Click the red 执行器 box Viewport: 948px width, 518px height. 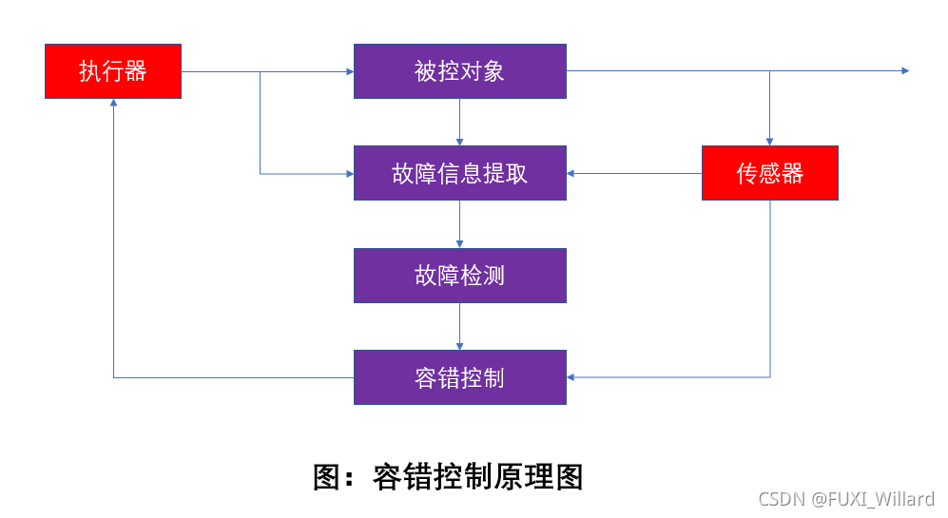(113, 71)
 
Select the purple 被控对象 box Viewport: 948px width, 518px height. (460, 71)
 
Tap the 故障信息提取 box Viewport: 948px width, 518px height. (460, 173)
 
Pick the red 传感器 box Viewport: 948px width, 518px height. (770, 173)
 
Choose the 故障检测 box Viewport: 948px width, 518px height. (460, 276)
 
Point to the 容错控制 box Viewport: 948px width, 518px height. (460, 377)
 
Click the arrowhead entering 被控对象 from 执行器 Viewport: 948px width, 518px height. (349, 71)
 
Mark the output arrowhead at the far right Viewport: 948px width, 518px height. (905, 71)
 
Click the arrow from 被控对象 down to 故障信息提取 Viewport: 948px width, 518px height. (460, 122)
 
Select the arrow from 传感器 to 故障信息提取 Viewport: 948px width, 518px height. (634, 173)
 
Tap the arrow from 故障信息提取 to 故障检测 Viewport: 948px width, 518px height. (460, 224)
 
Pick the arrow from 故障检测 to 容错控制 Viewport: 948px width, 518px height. (460, 326)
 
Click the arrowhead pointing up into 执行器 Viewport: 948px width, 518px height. (113, 104)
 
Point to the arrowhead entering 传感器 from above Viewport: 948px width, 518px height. (770, 141)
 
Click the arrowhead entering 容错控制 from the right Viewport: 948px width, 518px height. (572, 377)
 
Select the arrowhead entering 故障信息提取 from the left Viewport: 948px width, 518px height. (349, 173)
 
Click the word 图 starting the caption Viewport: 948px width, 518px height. (326, 476)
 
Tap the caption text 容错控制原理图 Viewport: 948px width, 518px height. (477, 476)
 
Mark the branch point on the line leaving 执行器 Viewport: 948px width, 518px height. (261, 71)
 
